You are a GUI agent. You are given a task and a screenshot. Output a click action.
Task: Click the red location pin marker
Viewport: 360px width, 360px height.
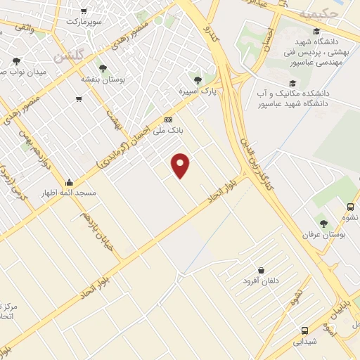181,165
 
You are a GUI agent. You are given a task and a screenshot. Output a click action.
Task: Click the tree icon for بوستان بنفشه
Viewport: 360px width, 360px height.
103,67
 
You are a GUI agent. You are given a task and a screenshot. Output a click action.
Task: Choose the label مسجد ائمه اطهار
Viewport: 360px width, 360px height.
68,192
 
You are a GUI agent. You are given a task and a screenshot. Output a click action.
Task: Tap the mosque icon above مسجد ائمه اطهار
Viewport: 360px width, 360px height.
68,181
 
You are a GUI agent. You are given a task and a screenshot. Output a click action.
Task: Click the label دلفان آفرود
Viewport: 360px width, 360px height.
261,281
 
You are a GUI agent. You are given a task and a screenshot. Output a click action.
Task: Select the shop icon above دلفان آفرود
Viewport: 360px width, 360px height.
262,270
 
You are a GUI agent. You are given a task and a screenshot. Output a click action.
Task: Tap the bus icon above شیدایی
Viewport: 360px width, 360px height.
304,330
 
